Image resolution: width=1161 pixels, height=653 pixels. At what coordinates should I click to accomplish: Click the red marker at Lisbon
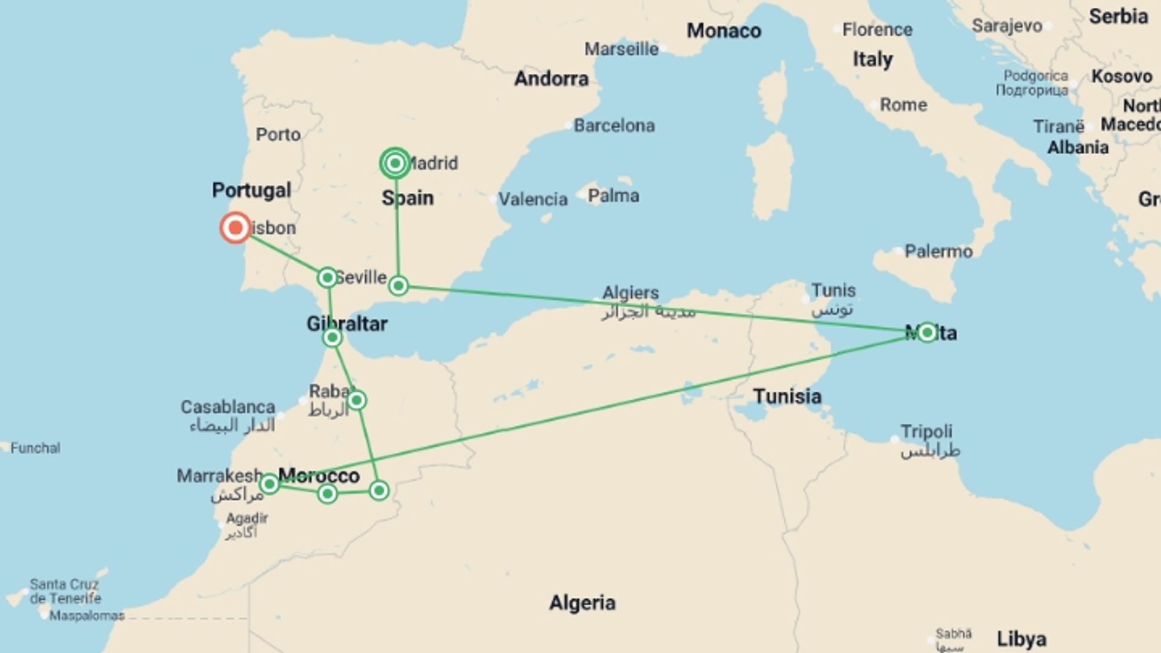(x=235, y=228)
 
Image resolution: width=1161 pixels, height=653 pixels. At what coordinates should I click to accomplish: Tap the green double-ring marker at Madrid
(x=395, y=163)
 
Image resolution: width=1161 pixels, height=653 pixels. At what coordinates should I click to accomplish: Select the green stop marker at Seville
(x=327, y=278)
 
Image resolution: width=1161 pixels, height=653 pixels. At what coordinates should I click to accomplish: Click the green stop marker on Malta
(x=927, y=333)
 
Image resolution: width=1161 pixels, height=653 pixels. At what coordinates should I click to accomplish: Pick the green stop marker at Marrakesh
(x=269, y=484)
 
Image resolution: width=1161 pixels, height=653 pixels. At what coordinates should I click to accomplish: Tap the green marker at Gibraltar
(x=332, y=337)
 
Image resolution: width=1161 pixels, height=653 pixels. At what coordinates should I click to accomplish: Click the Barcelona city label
(x=614, y=126)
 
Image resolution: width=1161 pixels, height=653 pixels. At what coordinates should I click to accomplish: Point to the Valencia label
(x=533, y=199)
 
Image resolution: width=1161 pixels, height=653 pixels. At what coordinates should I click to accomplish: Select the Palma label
(x=613, y=196)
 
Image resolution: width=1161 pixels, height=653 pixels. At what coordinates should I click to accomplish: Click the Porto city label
(x=278, y=134)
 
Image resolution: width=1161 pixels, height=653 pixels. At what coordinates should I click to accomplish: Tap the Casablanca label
(x=228, y=407)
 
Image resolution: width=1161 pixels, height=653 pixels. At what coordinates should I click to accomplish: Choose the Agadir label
(x=247, y=518)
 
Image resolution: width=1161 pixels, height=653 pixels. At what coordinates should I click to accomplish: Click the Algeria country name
(x=582, y=603)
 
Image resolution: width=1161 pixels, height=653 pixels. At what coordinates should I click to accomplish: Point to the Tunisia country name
(x=787, y=397)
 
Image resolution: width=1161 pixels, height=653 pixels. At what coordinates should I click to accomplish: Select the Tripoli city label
(x=926, y=432)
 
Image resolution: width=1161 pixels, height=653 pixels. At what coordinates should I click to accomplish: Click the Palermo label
(x=938, y=252)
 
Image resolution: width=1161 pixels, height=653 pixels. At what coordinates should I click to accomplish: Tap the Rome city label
(x=903, y=105)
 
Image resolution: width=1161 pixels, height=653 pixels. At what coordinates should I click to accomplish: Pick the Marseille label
(x=621, y=49)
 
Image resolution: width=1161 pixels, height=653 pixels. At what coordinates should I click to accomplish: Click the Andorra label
(x=551, y=79)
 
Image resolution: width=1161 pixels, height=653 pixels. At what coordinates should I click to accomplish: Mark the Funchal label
(x=36, y=448)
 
